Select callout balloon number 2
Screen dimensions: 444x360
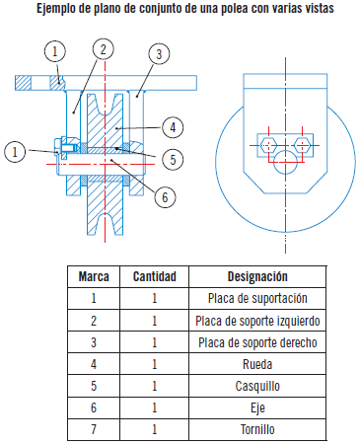105,48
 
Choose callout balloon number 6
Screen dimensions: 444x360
165,195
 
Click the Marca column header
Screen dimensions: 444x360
94,277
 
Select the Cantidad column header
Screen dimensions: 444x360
155,277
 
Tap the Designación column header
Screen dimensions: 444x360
257,277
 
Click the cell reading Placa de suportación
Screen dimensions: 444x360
258,298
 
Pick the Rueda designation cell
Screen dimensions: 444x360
258,364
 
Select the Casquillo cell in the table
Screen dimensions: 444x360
258,386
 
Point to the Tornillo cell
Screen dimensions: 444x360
258,430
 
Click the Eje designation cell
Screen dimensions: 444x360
258,408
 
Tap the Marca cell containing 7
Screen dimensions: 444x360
94,430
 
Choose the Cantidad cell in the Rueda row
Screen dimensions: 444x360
155,364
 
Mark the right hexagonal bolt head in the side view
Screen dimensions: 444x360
301,144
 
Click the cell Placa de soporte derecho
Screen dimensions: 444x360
258,342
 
